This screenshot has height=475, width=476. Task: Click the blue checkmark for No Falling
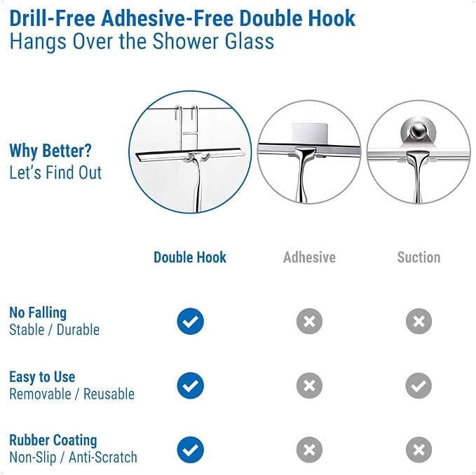(191, 321)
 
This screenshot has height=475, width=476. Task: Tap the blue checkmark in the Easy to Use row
(191, 385)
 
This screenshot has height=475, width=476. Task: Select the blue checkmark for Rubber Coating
(191, 450)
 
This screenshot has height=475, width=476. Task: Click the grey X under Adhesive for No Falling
(309, 321)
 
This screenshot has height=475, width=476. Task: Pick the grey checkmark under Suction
(419, 385)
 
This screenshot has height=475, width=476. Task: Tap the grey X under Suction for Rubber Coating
(419, 450)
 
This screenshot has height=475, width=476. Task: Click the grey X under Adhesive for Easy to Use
(309, 385)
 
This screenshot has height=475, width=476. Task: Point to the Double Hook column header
(190, 257)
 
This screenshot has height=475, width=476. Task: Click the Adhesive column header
(309, 257)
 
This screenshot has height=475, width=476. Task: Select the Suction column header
(419, 257)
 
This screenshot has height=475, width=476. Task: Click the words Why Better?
(50, 151)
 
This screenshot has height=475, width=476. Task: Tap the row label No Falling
(38, 313)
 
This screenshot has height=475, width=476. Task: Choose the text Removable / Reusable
(72, 394)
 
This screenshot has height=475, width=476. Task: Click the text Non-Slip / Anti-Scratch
(73, 457)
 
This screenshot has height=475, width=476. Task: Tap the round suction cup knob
(419, 131)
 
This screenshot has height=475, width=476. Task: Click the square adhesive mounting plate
(309, 133)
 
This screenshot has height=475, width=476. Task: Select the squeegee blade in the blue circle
(190, 154)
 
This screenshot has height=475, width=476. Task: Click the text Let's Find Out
(55, 172)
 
